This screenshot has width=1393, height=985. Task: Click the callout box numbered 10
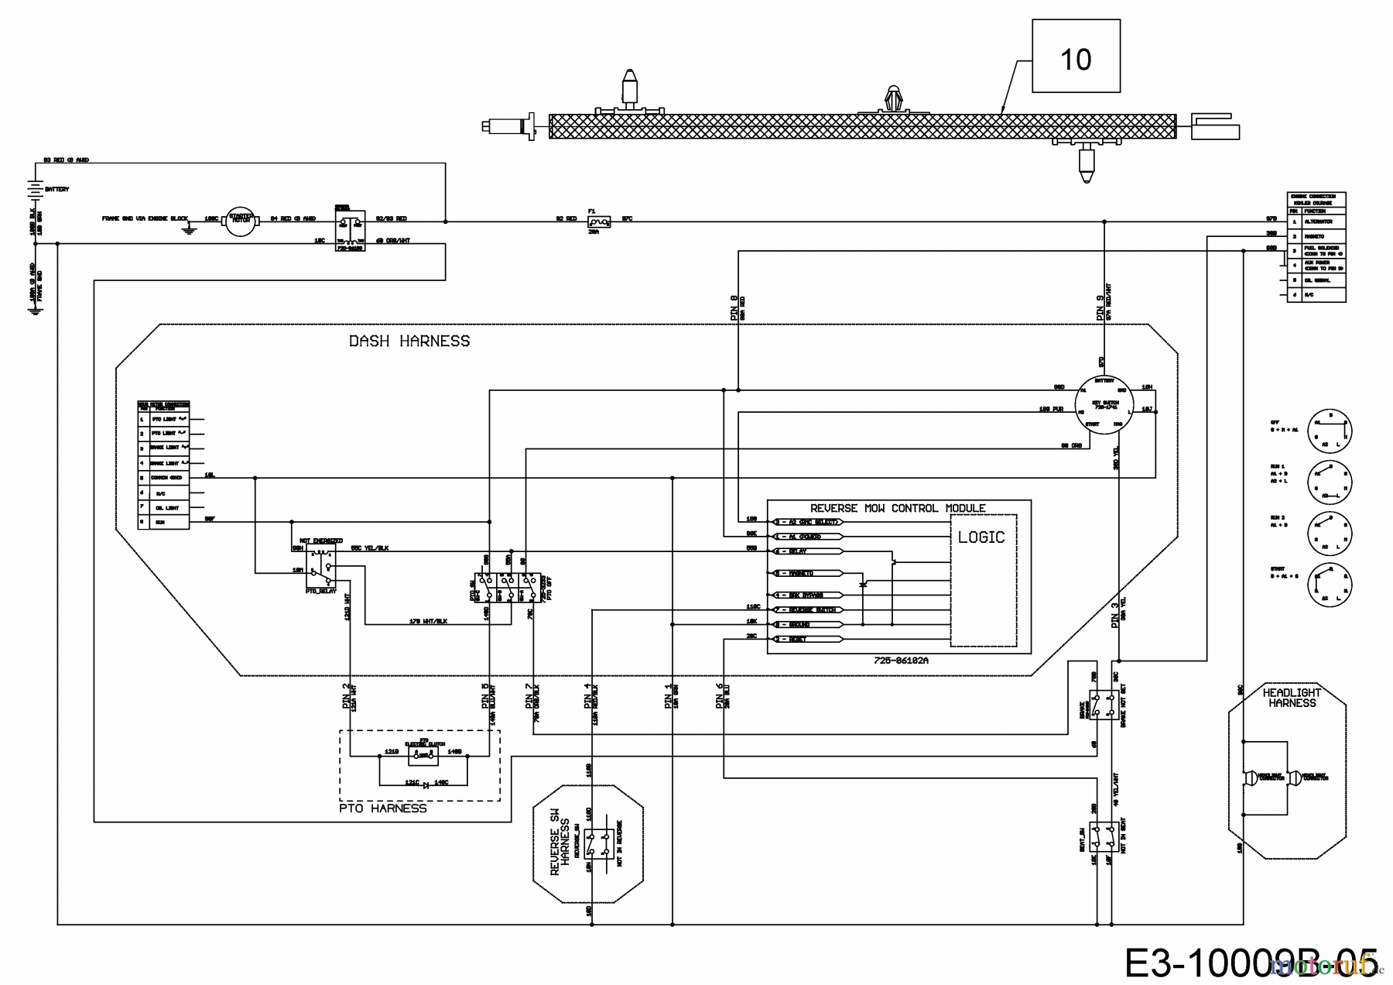(1076, 58)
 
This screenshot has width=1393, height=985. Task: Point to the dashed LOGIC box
(983, 581)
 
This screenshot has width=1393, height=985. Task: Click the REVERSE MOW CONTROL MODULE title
(898, 508)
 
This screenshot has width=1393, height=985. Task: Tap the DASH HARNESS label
(409, 341)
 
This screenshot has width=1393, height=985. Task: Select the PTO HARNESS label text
(383, 808)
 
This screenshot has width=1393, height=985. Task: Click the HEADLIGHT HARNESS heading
(1292, 698)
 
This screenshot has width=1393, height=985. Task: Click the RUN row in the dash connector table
(163, 522)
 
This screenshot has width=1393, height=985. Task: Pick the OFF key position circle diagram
(1330, 430)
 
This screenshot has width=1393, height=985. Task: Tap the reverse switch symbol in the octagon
(598, 844)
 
